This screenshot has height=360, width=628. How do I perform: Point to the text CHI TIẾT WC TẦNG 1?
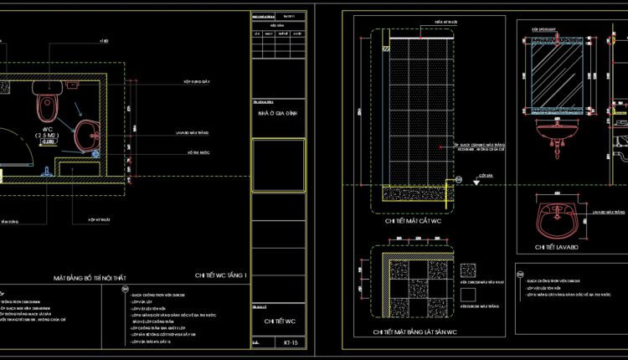[x=221, y=275]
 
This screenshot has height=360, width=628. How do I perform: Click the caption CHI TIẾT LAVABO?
[x=557, y=247]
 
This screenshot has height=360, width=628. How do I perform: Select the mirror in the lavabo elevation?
[x=554, y=78]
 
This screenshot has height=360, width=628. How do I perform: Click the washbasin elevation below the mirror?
[x=556, y=132]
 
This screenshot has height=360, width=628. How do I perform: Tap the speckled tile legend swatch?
[x=468, y=270]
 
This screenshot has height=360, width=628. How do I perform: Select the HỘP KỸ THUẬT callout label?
[x=100, y=221]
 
